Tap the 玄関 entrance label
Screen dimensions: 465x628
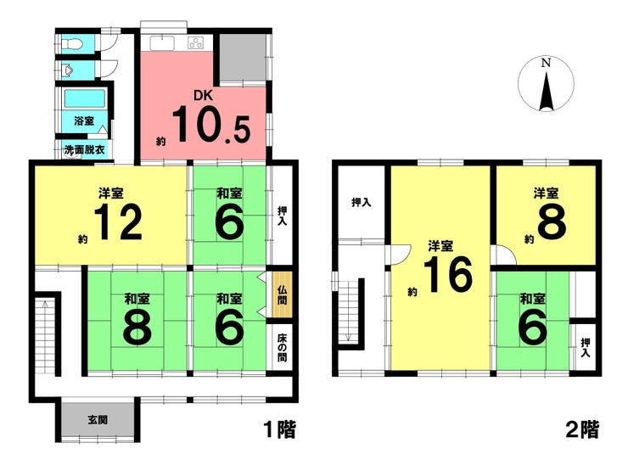97,419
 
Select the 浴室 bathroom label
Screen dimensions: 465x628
83,120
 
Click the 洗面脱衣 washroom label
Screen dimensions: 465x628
85,150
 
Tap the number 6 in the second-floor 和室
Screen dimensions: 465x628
532,328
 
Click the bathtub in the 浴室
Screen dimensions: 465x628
84,99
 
